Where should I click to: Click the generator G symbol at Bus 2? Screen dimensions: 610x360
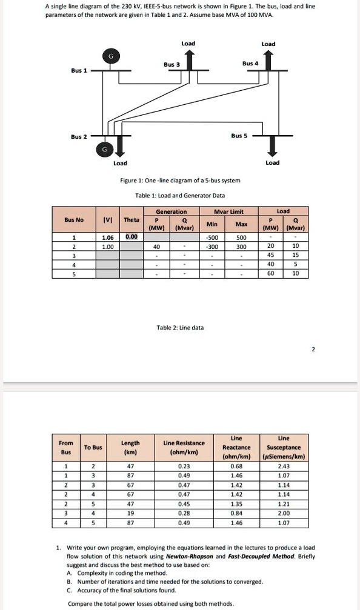[x=105, y=148]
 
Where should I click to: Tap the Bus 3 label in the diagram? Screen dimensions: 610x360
[x=172, y=64]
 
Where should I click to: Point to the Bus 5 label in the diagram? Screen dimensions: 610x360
[x=239, y=136]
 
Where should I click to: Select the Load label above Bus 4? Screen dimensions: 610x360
[x=268, y=44]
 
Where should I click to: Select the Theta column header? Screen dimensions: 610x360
[x=131, y=220]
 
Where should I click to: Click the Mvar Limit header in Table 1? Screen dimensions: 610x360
[x=228, y=211]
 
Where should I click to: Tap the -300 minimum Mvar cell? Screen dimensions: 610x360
[x=212, y=247]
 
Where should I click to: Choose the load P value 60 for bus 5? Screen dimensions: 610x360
[x=271, y=273]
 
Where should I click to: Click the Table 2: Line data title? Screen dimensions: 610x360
[x=180, y=328]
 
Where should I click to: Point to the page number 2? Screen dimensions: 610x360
[x=313, y=349]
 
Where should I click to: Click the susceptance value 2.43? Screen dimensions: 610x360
[x=283, y=466]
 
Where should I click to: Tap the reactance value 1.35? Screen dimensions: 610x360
[x=236, y=503]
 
